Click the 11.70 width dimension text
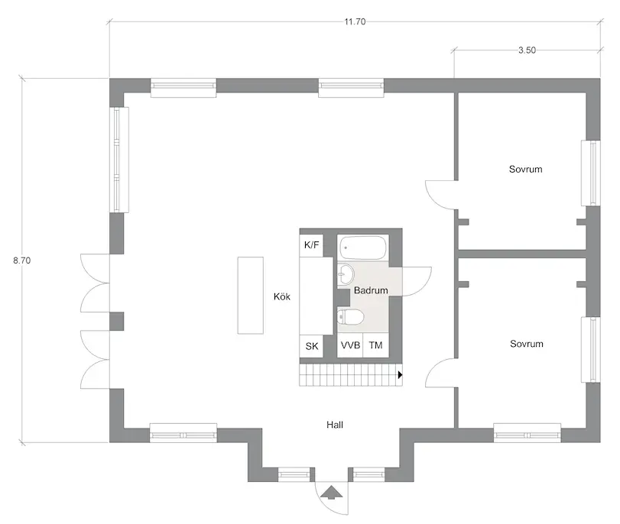click(x=355, y=22)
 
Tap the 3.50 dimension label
click(x=526, y=50)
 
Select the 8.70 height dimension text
click(x=22, y=260)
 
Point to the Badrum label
click(x=371, y=291)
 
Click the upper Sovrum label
click(x=525, y=169)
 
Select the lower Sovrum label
click(x=526, y=344)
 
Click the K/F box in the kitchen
click(x=312, y=245)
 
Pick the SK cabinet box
click(x=312, y=346)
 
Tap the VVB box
click(x=350, y=346)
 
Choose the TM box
click(x=375, y=346)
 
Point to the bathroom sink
click(x=346, y=273)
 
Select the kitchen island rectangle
click(x=250, y=295)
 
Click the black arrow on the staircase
click(x=400, y=375)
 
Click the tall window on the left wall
click(x=119, y=159)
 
